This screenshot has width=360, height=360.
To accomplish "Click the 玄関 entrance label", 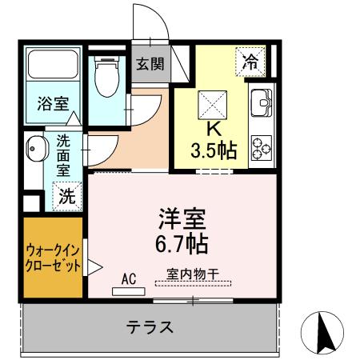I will [150, 64].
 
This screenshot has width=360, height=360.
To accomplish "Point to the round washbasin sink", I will [34, 147].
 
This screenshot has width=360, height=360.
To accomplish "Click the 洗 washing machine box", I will [68, 194].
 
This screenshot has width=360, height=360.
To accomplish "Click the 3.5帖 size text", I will [213, 150].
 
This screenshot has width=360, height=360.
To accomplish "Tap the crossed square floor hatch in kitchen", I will [213, 103].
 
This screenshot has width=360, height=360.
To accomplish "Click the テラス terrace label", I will [150, 327].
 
